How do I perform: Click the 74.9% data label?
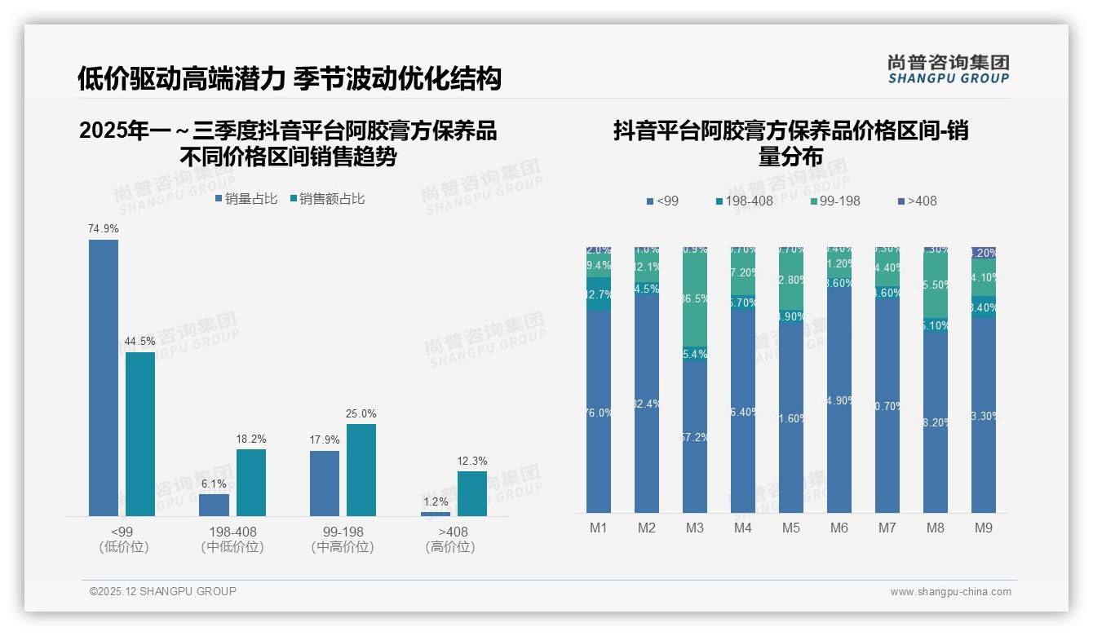tap(104, 229)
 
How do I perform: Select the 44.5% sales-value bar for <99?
tap(140, 434)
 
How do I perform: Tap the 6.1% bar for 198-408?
tap(214, 505)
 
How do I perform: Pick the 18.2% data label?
tap(251, 439)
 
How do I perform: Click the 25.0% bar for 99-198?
tap(361, 470)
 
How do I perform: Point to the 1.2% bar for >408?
tap(436, 514)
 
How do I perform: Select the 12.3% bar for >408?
tap(471, 493)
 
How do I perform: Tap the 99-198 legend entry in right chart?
tap(836, 201)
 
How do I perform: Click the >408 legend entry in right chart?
tap(917, 201)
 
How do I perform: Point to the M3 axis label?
tap(694, 528)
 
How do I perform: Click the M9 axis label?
tap(984, 528)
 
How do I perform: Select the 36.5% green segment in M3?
tap(694, 298)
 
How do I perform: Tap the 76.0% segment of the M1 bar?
tap(598, 412)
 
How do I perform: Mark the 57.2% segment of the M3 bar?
tap(694, 437)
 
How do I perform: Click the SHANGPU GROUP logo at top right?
tap(948, 69)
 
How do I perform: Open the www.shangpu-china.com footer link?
tap(950, 592)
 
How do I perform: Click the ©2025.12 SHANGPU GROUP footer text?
tap(162, 591)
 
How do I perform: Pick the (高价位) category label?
tap(450, 547)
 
